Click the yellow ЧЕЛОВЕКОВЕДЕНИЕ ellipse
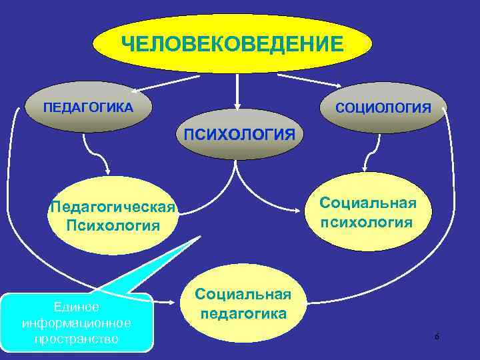click(x=233, y=43)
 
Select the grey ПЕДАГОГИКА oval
click(x=88, y=107)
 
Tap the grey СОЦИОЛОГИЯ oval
click(x=383, y=107)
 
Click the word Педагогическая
click(x=112, y=207)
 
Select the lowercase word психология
click(x=366, y=221)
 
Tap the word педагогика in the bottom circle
click(x=243, y=313)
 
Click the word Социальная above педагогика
click(x=243, y=295)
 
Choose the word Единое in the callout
click(x=77, y=307)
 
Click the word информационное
click(x=77, y=323)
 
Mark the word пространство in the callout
click(x=77, y=339)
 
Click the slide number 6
click(x=437, y=337)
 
